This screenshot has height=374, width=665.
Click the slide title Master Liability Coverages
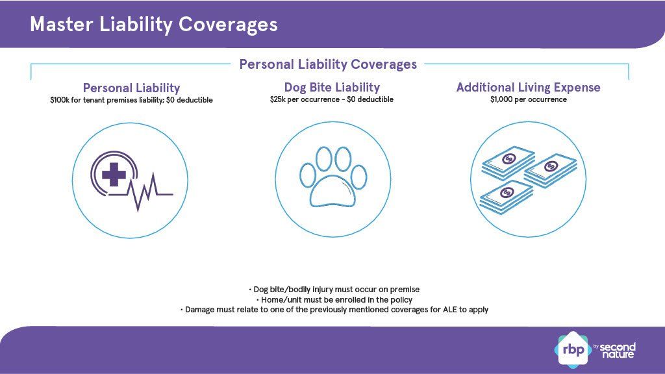(x=153, y=25)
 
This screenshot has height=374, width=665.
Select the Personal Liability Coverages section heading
(x=328, y=64)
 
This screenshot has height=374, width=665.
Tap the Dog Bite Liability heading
(x=332, y=88)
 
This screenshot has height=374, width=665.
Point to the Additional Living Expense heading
(x=529, y=88)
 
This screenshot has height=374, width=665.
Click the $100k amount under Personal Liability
(x=58, y=100)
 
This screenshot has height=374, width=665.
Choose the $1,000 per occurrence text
(x=529, y=99)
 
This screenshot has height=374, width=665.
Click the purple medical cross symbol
(x=114, y=174)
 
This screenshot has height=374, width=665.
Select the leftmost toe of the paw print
(x=308, y=175)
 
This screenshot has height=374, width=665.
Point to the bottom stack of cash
(x=507, y=197)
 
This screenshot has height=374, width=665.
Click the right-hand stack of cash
(x=551, y=171)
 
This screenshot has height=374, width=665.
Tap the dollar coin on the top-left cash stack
(x=509, y=159)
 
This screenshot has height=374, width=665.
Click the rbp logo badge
(x=573, y=350)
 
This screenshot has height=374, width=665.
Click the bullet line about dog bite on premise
(x=334, y=290)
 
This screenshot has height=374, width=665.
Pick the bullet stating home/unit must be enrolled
(x=334, y=300)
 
